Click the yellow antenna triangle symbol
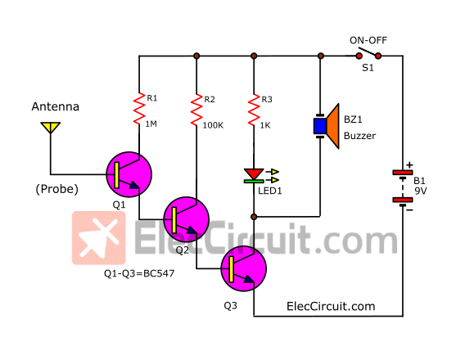51,128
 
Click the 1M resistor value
151,124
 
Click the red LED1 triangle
254,173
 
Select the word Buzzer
359,136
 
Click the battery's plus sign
409,164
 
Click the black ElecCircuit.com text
331,306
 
